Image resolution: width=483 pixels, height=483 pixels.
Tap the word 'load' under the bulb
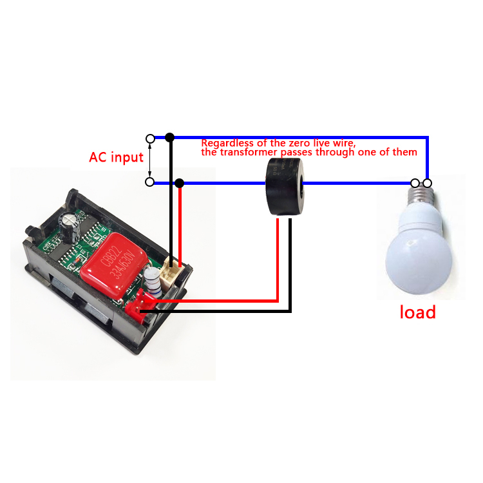pyautogui.click(x=417, y=312)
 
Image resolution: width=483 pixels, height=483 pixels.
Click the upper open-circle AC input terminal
pyautogui.click(x=150, y=138)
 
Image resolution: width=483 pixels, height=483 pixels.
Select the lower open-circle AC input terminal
pyautogui.click(x=150, y=182)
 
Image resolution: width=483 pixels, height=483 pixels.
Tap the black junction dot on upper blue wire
pyautogui.click(x=170, y=138)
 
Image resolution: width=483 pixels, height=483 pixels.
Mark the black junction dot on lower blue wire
pyautogui.click(x=180, y=183)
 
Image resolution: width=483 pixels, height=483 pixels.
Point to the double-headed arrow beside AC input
pyautogui.click(x=150, y=160)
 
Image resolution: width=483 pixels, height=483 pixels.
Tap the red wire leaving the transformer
pyautogui.click(x=277, y=258)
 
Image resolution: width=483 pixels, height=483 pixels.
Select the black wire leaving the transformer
pyautogui.click(x=290, y=264)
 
